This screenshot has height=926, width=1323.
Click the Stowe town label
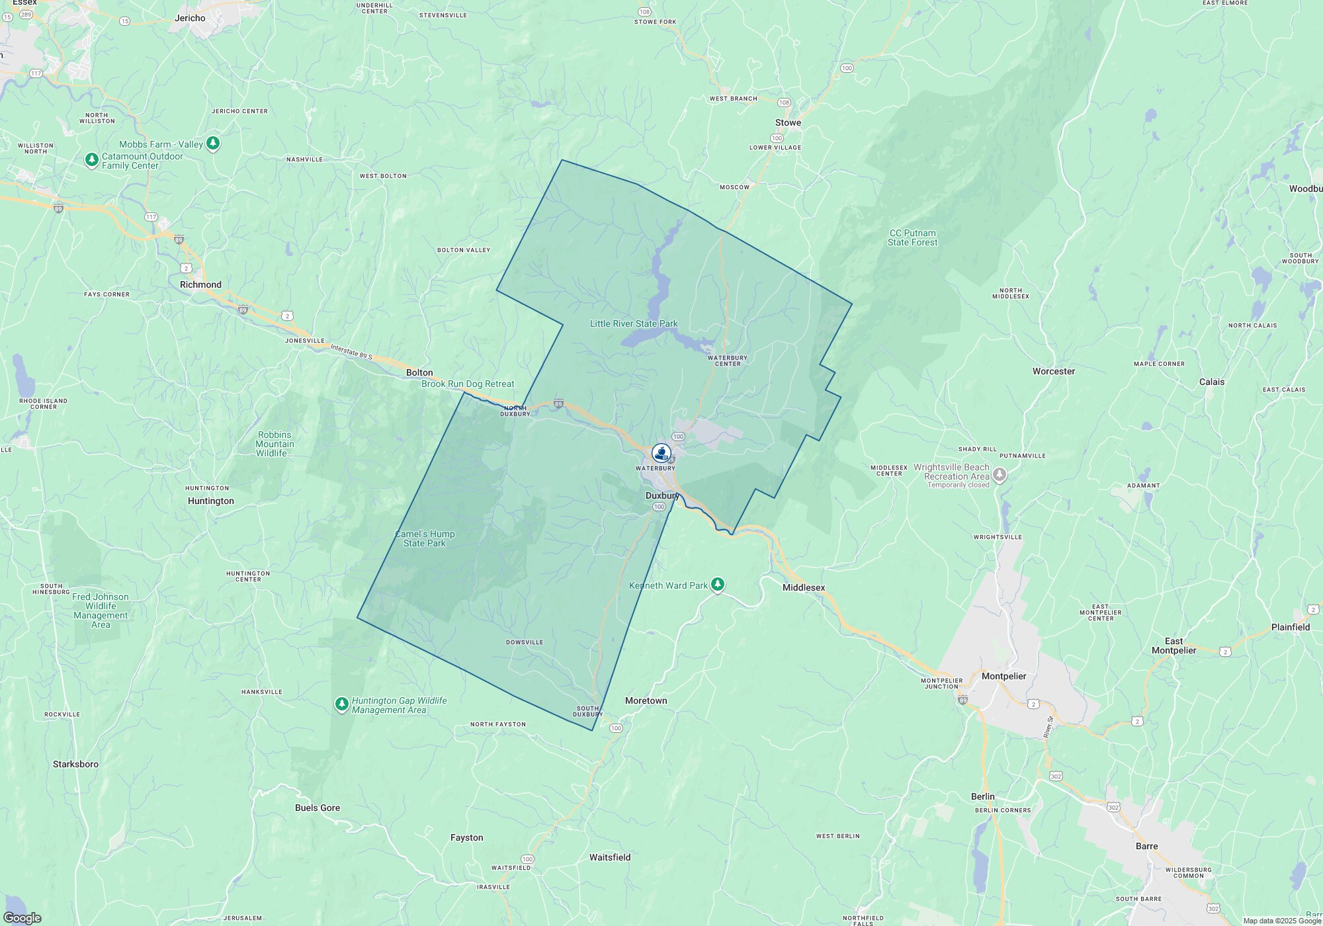[788, 123]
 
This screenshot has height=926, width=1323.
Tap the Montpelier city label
[1003, 676]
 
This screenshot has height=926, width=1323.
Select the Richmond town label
[200, 285]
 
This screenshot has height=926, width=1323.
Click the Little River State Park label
[634, 324]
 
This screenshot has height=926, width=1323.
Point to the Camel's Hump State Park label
[425, 538]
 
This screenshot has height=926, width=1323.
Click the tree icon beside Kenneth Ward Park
[718, 585]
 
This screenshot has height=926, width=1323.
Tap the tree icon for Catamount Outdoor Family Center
[92, 160]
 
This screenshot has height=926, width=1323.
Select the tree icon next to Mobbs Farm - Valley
[212, 143]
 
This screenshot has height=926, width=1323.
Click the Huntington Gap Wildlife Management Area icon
[341, 704]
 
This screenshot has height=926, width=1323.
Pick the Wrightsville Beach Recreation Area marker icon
[1000, 474]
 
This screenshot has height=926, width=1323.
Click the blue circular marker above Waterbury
[661, 453]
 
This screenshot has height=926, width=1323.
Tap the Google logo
[22, 918]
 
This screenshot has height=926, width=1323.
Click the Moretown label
[646, 701]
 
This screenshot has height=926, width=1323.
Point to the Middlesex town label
[804, 587]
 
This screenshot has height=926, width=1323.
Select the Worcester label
[1054, 372]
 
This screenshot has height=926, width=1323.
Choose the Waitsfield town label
[610, 857]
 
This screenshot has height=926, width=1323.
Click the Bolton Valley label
[464, 250]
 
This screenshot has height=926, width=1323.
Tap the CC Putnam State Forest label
[912, 237]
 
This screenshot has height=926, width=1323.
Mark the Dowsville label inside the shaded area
[525, 642]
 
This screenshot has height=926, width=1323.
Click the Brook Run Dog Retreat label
[468, 384]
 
